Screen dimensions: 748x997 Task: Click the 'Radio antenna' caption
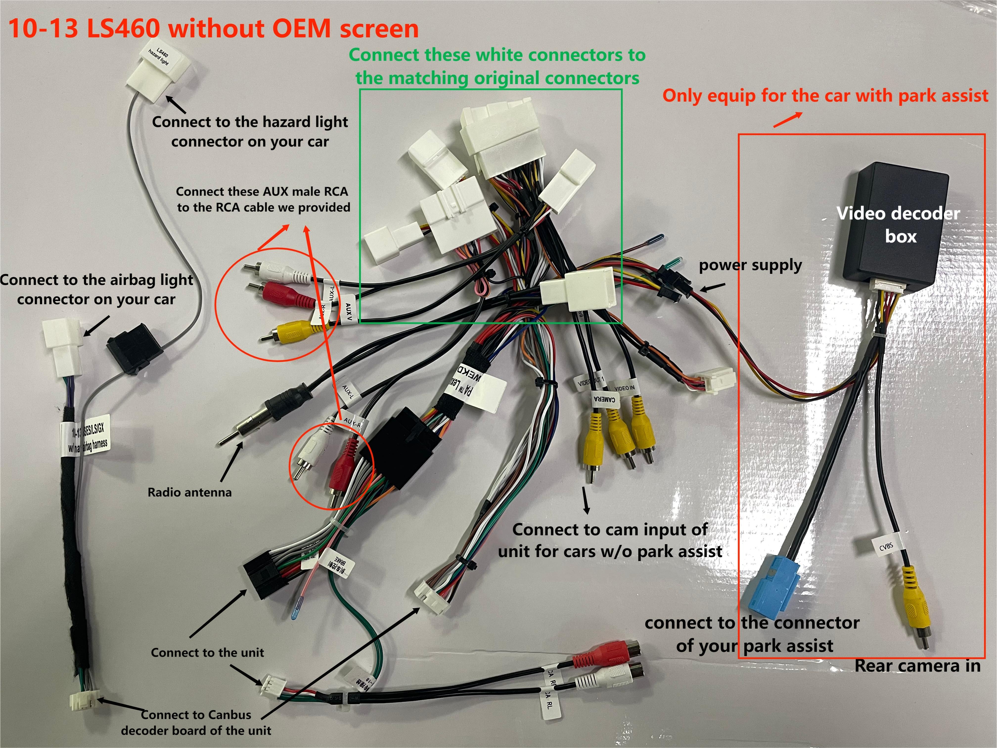189,492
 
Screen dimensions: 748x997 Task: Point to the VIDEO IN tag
624,388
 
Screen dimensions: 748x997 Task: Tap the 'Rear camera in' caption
917,665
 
